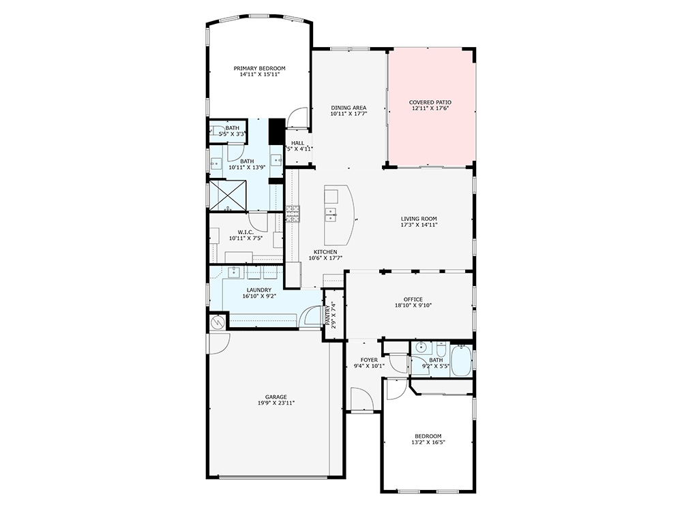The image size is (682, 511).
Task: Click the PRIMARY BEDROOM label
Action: (x=259, y=68)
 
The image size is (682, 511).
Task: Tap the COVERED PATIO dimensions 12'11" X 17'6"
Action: (x=431, y=109)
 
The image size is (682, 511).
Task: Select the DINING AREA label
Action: (x=349, y=108)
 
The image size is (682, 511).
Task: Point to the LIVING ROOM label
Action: (x=419, y=219)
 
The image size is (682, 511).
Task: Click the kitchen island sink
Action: (x=331, y=214)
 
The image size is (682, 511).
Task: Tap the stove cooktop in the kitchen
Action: (x=293, y=214)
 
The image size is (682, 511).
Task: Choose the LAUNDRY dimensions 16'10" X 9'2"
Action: (x=259, y=296)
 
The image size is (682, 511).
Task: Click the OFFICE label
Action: (x=413, y=299)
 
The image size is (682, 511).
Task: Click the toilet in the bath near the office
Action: (x=441, y=347)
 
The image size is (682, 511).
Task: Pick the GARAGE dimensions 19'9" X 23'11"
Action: (x=276, y=403)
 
